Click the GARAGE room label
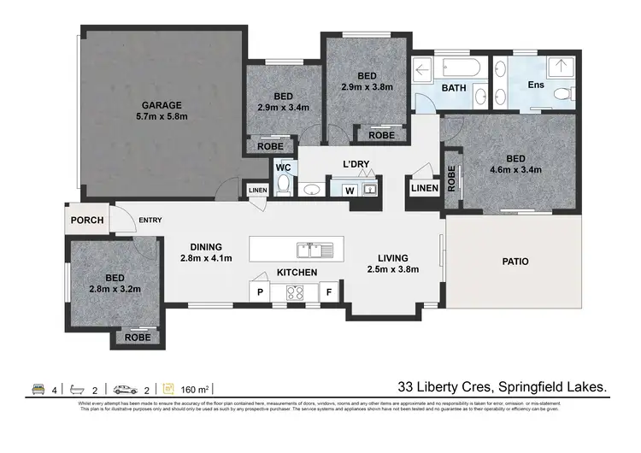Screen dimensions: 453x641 (x=162, y=105)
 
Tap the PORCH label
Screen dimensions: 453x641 (x=88, y=221)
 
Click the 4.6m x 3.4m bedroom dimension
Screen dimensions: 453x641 (x=515, y=169)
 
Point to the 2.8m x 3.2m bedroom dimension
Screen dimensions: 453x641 (x=113, y=289)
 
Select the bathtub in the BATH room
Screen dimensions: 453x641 (x=452, y=68)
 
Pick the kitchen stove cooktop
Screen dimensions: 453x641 (x=296, y=292)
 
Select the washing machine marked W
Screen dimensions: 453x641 (x=349, y=190)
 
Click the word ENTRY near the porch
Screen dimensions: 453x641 (x=150, y=221)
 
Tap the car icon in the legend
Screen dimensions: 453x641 (x=125, y=387)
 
